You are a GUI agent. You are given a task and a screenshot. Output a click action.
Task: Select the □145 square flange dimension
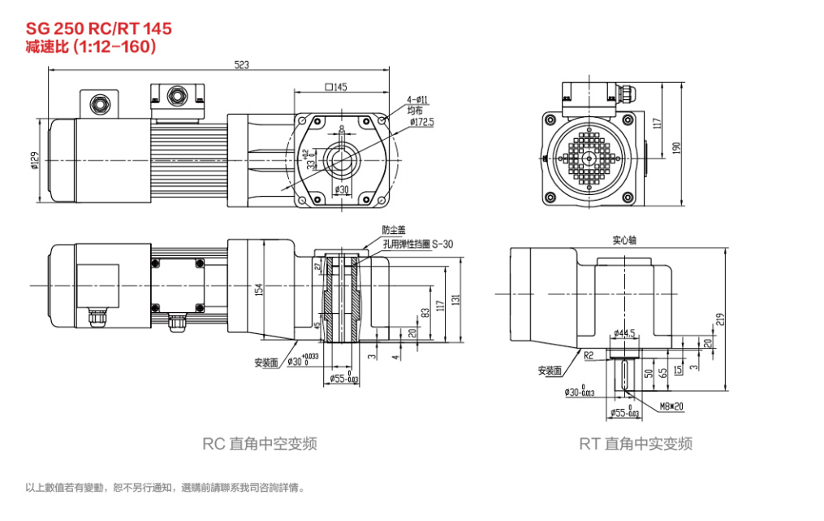click(335, 87)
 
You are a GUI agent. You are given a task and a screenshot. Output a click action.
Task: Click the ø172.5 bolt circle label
click(421, 122)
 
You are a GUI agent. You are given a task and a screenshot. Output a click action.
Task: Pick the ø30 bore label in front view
click(341, 189)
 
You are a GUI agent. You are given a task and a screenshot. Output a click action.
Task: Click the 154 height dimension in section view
click(259, 290)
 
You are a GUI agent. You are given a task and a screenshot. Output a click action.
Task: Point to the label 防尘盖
click(393, 230)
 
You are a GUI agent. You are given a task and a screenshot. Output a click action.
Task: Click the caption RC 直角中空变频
click(259, 444)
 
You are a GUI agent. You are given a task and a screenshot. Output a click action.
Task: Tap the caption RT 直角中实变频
click(636, 444)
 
